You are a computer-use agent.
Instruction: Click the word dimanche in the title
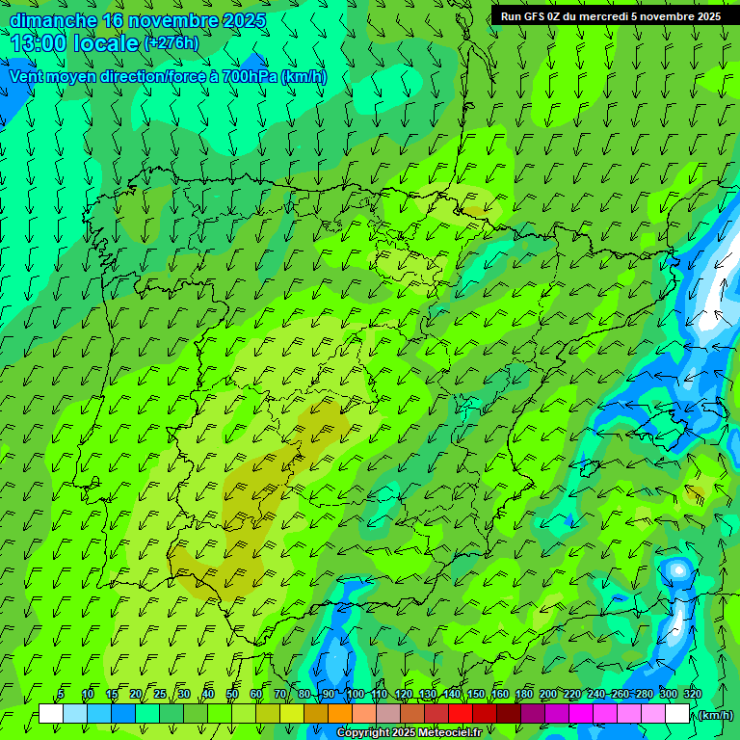[x=53, y=20]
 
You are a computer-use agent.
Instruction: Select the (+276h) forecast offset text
[x=171, y=42]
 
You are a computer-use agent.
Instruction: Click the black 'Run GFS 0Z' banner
[x=610, y=16]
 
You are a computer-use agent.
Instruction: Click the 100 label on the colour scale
[x=356, y=694]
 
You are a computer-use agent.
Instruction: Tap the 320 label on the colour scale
[x=693, y=694]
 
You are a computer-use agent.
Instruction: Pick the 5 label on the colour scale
[x=61, y=694]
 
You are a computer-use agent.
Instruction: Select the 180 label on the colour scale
[x=524, y=694]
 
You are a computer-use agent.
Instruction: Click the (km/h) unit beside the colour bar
[x=714, y=714]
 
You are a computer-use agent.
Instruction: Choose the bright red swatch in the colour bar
[x=461, y=714]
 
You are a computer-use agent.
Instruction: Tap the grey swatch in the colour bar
[x=388, y=714]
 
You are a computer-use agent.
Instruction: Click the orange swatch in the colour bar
[x=340, y=714]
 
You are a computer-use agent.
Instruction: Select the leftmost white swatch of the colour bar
[x=51, y=714]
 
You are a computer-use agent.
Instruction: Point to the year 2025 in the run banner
[x=704, y=16]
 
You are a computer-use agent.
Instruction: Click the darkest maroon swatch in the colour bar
[x=509, y=714]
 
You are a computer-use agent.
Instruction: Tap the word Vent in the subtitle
[x=26, y=76]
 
